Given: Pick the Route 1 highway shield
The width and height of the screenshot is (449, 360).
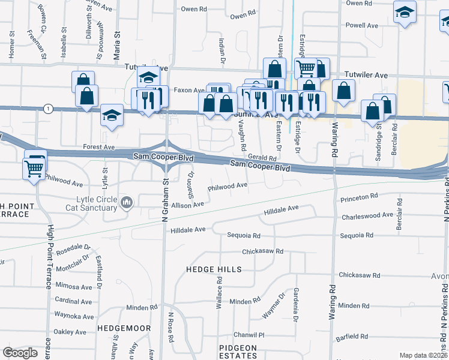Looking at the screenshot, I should click(48, 108).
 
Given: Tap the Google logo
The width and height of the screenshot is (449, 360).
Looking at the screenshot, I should click(20, 353).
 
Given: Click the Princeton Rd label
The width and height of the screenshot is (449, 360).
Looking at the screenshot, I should click(358, 196).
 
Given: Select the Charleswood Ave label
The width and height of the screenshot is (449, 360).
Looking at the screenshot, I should click(367, 215).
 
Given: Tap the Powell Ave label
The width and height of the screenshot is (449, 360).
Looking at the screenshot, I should click(362, 26).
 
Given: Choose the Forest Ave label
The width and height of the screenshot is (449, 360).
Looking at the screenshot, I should click(99, 146).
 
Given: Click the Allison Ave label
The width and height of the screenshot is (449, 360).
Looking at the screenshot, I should click(187, 205).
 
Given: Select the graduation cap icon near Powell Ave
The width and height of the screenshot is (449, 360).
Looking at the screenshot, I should click(405, 11).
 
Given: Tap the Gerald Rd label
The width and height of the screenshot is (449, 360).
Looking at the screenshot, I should click(265, 158).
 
